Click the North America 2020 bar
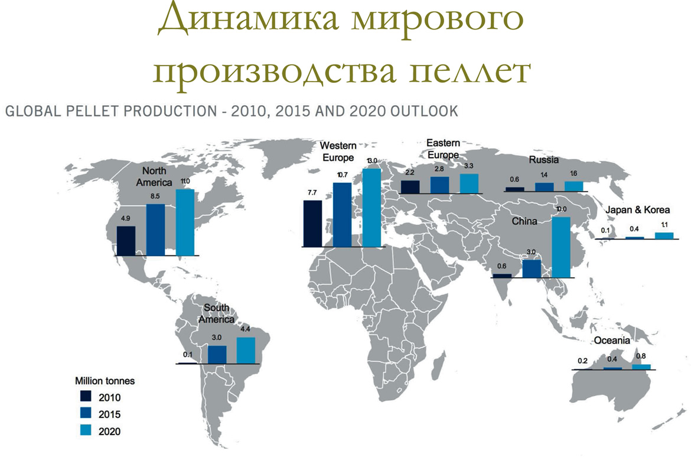pos(185,222)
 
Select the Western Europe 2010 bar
pos(312,223)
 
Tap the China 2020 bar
pos(561,247)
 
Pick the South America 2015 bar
pos(217,355)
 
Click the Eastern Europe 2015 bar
pos(440,185)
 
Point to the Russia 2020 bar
pos(574,186)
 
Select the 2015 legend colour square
pos(86,413)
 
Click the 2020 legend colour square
pos(86,430)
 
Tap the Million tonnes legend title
pos(105,381)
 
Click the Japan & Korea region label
pos(637,210)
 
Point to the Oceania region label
pos(612,340)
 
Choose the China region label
pos(524,221)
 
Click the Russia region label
pos(544,160)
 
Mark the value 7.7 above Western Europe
pos(312,193)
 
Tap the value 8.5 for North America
pos(155,196)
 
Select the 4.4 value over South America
pos(245,329)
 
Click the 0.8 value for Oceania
pos(641,356)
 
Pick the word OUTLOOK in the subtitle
pos(425,111)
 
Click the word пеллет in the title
pos(470,70)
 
